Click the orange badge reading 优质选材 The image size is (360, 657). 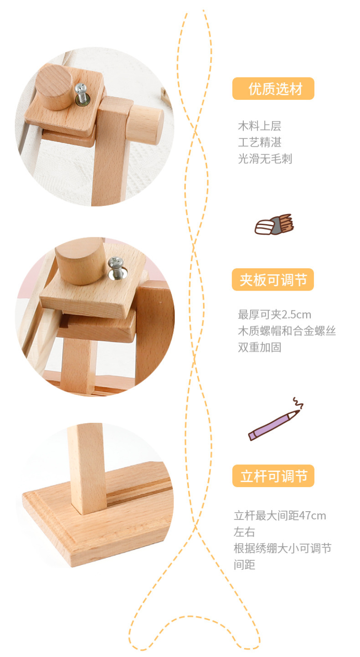click(273, 88)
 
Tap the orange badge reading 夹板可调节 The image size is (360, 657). click(273, 279)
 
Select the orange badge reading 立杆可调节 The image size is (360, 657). click(273, 476)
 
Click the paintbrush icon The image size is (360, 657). click(274, 224)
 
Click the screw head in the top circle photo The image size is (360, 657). click(80, 87)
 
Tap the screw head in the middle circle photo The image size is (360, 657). click(116, 262)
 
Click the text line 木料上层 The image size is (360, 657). click(260, 126)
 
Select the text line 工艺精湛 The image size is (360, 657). click(260, 143)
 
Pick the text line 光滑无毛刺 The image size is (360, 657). click(265, 159)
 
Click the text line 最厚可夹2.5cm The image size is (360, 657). click(274, 315)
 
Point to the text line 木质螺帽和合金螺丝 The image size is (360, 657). click(287, 331)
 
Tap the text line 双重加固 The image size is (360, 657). click(260, 347)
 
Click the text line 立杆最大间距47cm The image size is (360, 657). click(280, 516)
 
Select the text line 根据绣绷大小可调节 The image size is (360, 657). click(283, 548)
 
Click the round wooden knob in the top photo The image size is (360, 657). click(54, 87)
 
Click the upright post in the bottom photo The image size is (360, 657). click(87, 468)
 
